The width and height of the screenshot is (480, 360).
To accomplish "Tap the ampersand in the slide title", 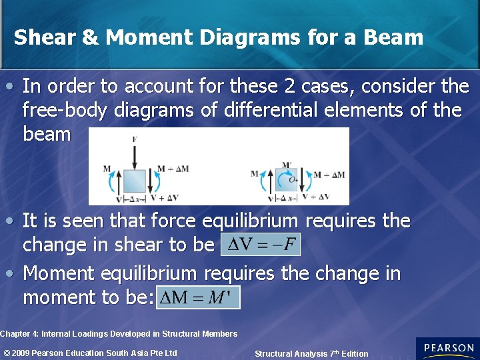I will click(x=90, y=37).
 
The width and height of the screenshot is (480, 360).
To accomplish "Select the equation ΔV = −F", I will click(x=261, y=245).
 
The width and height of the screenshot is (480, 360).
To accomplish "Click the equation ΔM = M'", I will click(x=198, y=297).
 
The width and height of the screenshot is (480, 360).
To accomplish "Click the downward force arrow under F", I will click(x=135, y=157).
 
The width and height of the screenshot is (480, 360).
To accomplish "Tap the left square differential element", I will click(x=134, y=181).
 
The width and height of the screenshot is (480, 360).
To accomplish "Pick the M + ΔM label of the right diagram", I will click(x=330, y=175).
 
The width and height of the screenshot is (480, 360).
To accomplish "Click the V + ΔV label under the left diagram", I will click(x=164, y=198).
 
